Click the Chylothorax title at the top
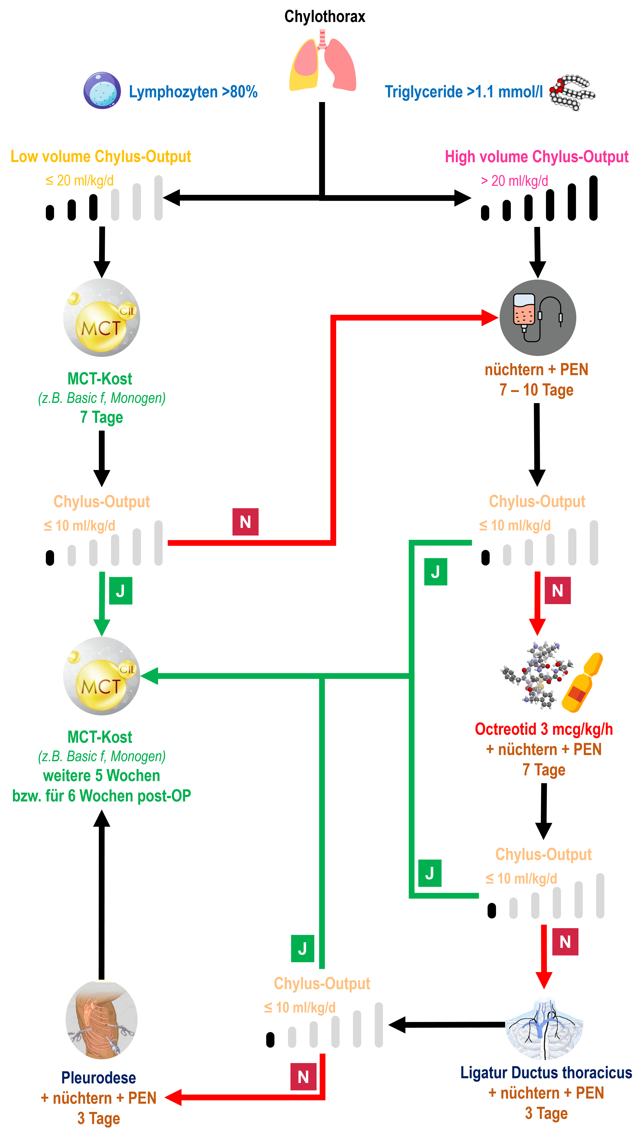325,16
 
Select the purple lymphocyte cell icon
102,90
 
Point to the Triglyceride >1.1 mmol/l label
464,92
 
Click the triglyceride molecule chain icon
572,92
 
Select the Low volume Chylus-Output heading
101,156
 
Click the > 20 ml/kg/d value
514,181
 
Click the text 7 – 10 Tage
537,390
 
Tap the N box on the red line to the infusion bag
245,522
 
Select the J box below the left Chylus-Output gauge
120,591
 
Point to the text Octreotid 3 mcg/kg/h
544,729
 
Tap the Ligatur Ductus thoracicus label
546,1072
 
